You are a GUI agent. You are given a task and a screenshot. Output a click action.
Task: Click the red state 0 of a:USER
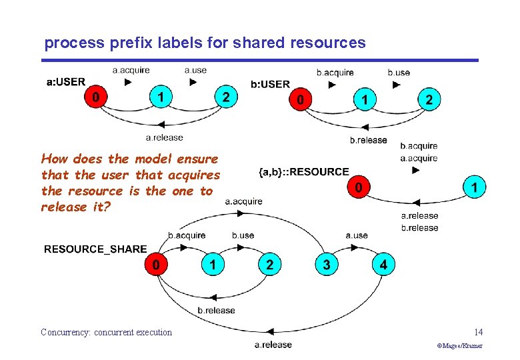(x=96, y=98)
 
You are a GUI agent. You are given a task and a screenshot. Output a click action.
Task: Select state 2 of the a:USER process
(x=226, y=98)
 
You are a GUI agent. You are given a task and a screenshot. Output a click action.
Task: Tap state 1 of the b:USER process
(x=364, y=101)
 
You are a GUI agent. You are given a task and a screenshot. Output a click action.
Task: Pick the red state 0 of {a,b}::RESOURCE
(x=359, y=189)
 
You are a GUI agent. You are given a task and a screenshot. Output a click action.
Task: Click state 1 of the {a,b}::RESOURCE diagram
(x=474, y=189)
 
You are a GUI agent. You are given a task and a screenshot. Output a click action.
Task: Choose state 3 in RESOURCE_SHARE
(x=326, y=265)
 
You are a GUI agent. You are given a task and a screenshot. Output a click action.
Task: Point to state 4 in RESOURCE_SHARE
(x=383, y=265)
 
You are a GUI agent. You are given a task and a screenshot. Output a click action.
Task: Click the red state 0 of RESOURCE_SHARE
(x=156, y=265)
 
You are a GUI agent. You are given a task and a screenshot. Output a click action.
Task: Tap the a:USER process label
(x=66, y=82)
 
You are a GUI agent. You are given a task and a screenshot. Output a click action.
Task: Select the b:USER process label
(x=270, y=84)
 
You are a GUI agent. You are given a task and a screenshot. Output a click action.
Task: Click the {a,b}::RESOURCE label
(x=303, y=172)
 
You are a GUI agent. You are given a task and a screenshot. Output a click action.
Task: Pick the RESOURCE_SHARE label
(x=95, y=249)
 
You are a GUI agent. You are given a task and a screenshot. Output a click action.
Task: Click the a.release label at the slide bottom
(x=273, y=344)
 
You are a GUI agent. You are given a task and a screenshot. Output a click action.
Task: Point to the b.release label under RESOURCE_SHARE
(x=216, y=310)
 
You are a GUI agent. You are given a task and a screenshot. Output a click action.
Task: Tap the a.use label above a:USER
(x=195, y=69)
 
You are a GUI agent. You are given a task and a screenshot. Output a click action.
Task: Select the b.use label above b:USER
(x=399, y=72)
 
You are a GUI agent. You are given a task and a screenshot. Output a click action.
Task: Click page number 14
(x=478, y=332)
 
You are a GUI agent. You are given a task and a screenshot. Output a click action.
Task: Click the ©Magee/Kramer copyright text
(x=459, y=346)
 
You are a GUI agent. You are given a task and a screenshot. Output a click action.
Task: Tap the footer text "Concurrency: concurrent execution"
(x=106, y=332)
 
